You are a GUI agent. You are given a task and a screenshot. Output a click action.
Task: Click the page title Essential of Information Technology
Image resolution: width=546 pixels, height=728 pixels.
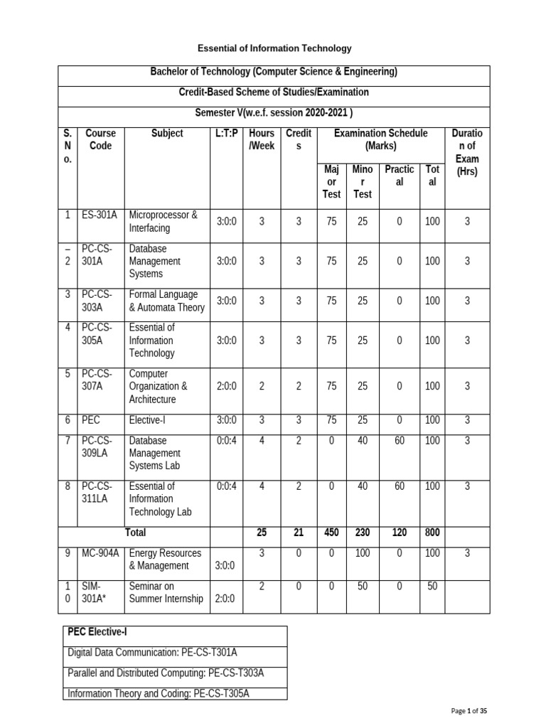point(274,48)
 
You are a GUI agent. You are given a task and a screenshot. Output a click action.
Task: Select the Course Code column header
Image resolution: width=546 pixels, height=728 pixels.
point(100,139)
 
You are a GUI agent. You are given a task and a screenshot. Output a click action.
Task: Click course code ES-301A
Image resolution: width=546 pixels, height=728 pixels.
point(100,215)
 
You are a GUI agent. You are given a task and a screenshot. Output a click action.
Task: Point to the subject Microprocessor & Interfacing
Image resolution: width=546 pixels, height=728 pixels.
point(164,221)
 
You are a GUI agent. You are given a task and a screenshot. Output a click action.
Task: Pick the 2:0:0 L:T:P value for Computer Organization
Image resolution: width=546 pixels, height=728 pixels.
point(226,386)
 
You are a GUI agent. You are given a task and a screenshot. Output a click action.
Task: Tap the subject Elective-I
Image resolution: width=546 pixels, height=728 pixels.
point(150,421)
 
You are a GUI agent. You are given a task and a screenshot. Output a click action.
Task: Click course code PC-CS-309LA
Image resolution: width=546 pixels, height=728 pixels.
point(98,447)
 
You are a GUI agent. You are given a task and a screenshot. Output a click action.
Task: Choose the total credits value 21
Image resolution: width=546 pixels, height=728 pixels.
point(299,532)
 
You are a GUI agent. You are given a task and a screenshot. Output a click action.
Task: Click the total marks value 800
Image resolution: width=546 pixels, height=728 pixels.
point(432,532)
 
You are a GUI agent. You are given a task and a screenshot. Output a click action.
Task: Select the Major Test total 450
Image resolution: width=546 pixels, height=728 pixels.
point(332,532)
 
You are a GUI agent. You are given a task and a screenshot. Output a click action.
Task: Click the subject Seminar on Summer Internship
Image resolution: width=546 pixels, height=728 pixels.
point(166,591)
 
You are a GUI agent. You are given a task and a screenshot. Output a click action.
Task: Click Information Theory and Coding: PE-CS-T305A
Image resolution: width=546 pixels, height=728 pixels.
point(159,693)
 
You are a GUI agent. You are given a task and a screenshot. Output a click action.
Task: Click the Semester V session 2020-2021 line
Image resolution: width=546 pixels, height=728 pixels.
point(274,113)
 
